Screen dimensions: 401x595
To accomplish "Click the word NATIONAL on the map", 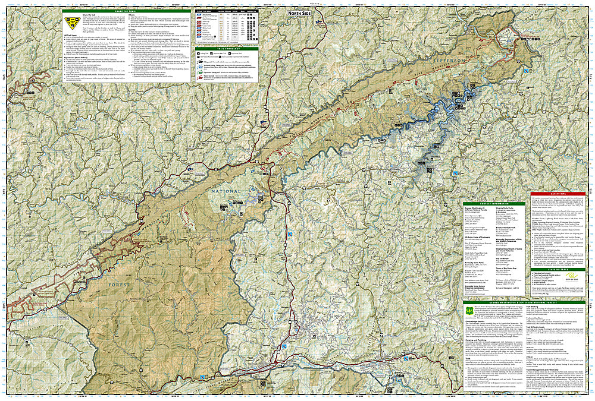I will click(x=226, y=191).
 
